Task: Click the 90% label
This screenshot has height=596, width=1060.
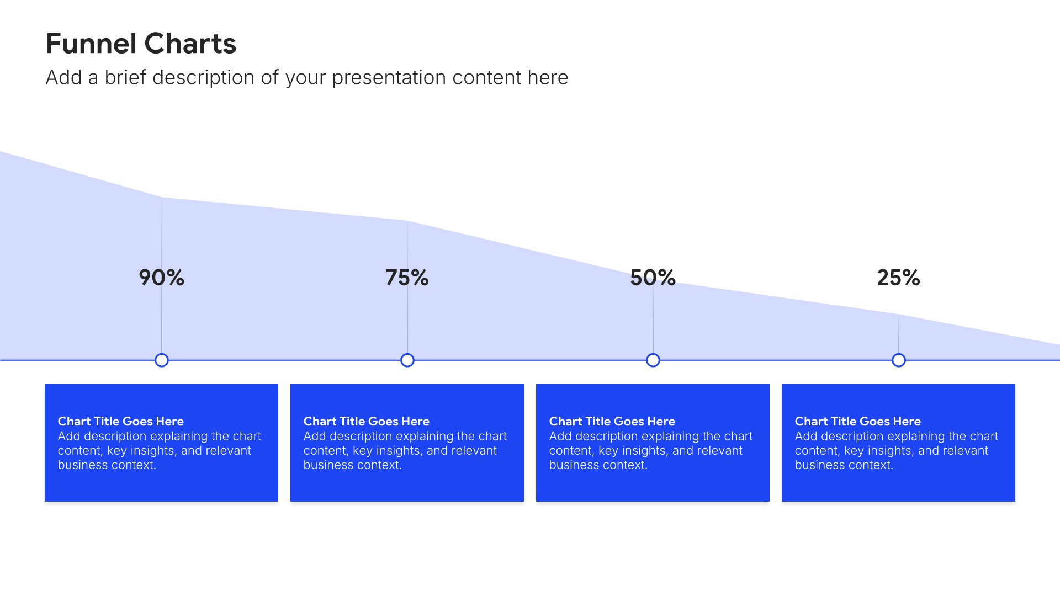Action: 161,278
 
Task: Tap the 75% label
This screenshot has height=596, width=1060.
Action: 407,278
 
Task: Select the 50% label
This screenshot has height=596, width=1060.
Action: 653,278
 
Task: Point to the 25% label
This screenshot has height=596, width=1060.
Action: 898,278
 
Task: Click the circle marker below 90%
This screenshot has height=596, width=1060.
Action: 162,360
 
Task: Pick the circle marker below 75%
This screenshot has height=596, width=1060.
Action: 407,360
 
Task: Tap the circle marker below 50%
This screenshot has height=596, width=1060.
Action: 653,360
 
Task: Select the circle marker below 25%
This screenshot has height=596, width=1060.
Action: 899,360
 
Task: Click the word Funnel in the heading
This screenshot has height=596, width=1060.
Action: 91,44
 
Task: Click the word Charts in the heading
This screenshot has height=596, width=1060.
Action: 190,44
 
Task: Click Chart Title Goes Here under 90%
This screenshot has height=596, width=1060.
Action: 121,422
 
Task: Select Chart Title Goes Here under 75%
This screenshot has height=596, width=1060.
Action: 367,422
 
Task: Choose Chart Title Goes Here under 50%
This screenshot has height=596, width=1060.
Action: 612,422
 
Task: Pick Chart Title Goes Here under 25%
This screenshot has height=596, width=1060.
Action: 858,422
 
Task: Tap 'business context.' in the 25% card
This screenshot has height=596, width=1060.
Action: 844,465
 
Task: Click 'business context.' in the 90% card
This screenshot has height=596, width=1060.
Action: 107,465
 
